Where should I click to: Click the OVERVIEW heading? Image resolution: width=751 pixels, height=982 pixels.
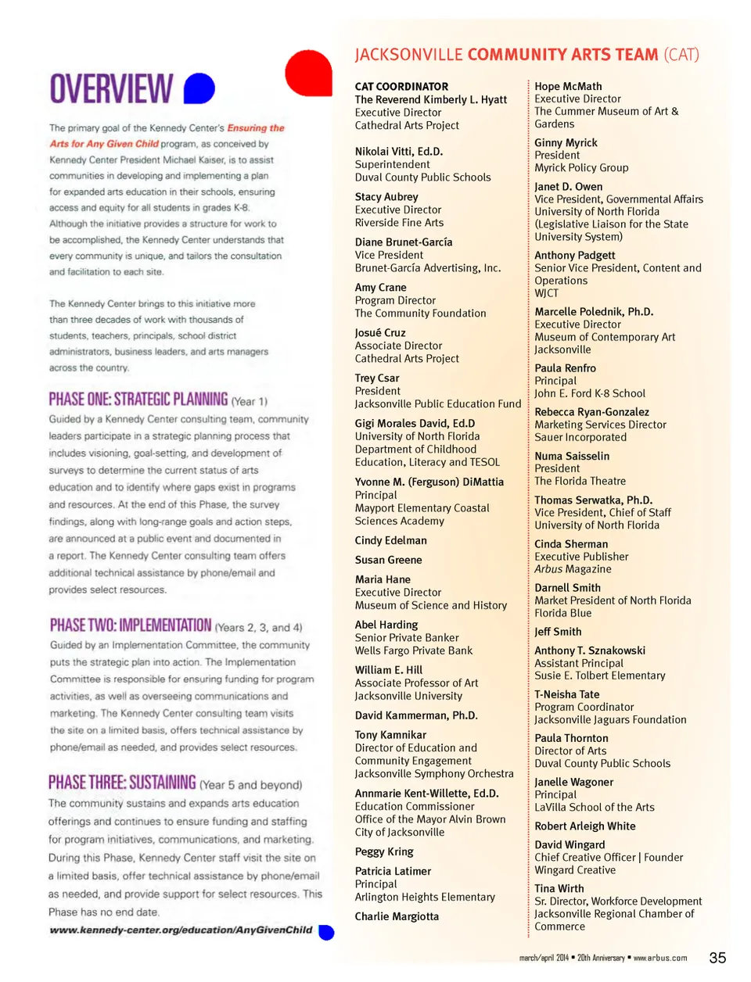click(111, 88)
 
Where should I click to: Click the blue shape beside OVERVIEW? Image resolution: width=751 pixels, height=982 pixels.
click(199, 88)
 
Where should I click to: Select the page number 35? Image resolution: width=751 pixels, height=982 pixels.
click(717, 958)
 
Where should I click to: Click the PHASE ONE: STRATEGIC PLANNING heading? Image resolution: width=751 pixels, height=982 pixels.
click(138, 400)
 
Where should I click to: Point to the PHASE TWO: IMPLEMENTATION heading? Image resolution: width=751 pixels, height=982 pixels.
click(131, 625)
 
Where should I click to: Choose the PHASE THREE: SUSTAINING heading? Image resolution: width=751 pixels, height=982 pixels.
click(122, 783)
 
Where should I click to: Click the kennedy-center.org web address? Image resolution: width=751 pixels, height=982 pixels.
click(181, 930)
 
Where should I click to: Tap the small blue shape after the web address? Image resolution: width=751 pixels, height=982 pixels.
click(327, 932)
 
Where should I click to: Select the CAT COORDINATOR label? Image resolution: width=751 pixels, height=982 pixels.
click(401, 87)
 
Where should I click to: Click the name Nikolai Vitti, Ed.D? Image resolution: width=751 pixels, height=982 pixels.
click(398, 152)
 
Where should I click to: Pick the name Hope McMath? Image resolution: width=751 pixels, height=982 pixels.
click(568, 87)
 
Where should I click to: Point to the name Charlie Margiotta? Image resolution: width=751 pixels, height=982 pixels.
click(397, 916)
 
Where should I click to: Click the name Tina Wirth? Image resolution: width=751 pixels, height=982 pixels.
click(559, 888)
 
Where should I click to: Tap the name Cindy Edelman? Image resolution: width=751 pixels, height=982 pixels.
click(390, 540)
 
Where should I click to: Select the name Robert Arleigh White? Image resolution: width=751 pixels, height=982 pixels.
click(584, 826)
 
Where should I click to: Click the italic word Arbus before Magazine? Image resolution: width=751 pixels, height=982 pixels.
click(548, 569)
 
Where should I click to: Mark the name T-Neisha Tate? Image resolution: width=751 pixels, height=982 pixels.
click(566, 694)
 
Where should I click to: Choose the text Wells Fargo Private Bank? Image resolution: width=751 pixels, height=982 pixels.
click(413, 650)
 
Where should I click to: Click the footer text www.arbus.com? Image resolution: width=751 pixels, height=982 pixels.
click(660, 958)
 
